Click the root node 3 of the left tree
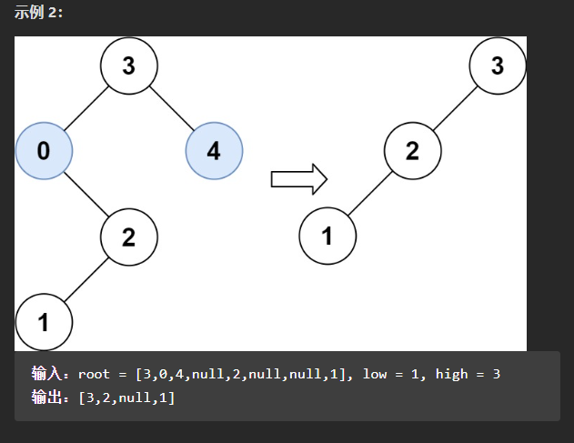tap(129, 65)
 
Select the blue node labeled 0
tap(44, 151)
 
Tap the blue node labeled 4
tap(214, 151)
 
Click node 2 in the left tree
tap(129, 237)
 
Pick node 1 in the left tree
tap(44, 322)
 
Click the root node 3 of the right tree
tap(498, 65)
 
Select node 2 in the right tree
tap(413, 151)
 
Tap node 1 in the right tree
tap(327, 236)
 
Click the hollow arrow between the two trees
tap(299, 179)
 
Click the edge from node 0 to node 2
tap(86, 194)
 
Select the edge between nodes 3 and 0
tap(86, 108)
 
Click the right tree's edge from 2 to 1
tap(370, 194)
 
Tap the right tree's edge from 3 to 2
tap(455, 108)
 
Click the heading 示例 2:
tap(38, 13)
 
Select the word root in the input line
tap(94, 374)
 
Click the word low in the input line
tap(375, 374)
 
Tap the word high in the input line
tap(452, 374)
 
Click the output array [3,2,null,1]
tap(126, 398)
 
